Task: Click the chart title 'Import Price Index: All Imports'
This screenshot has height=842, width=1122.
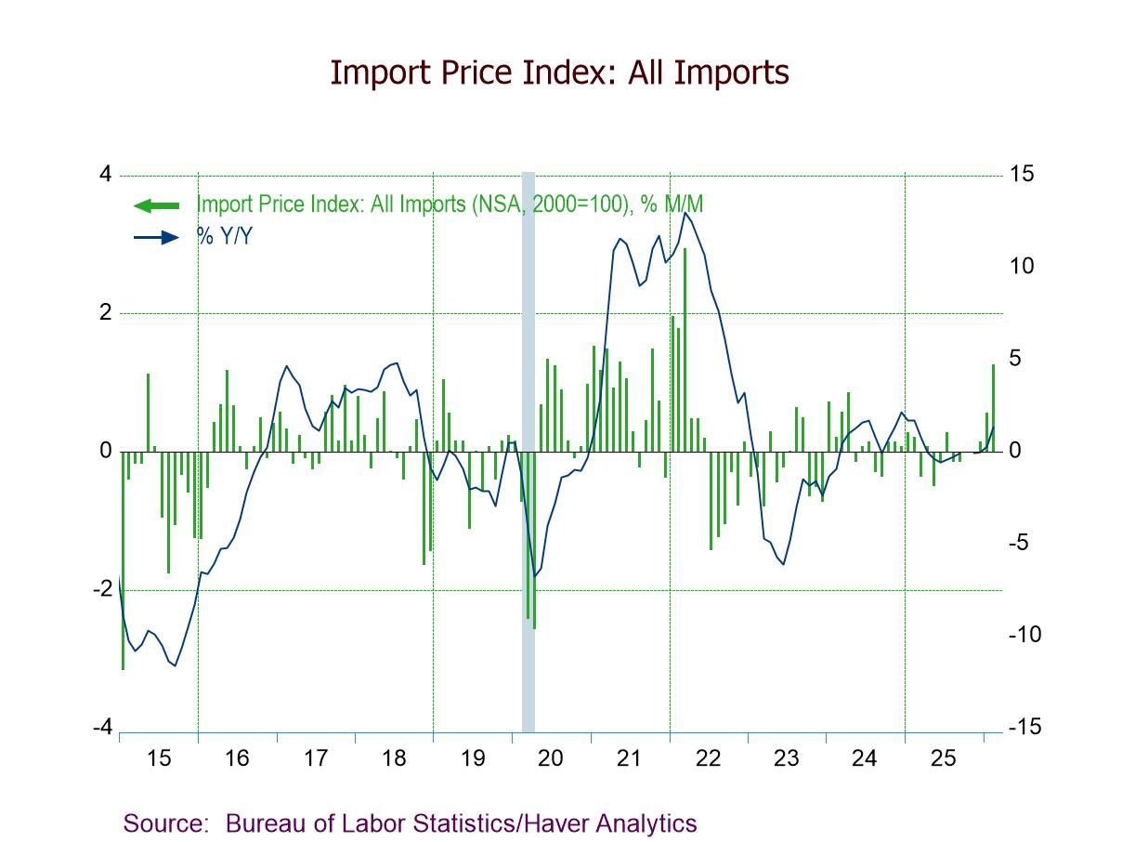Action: click(x=559, y=72)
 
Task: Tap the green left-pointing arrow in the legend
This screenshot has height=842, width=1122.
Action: click(x=157, y=205)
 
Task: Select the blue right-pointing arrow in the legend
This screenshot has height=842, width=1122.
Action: click(x=157, y=237)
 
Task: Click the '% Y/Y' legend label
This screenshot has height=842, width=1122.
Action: click(x=225, y=237)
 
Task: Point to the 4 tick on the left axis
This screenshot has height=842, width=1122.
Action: click(x=105, y=175)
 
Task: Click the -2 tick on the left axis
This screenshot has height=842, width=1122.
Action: click(x=103, y=589)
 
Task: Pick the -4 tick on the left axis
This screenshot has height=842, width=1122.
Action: click(x=103, y=728)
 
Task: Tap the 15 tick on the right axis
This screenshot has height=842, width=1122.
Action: click(x=1022, y=175)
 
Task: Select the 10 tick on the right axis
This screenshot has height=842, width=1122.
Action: click(x=1022, y=267)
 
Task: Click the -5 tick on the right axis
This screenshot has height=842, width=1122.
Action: click(x=1021, y=543)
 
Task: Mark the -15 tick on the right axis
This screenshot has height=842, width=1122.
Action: click(x=1024, y=728)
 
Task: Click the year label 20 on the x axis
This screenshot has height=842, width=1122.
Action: click(x=550, y=758)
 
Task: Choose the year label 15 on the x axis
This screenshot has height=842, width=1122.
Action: click(x=158, y=758)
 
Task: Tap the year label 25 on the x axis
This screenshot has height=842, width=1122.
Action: click(x=943, y=758)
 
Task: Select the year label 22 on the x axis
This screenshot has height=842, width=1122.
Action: click(x=708, y=758)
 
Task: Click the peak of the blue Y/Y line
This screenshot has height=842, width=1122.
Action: click(x=685, y=213)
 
